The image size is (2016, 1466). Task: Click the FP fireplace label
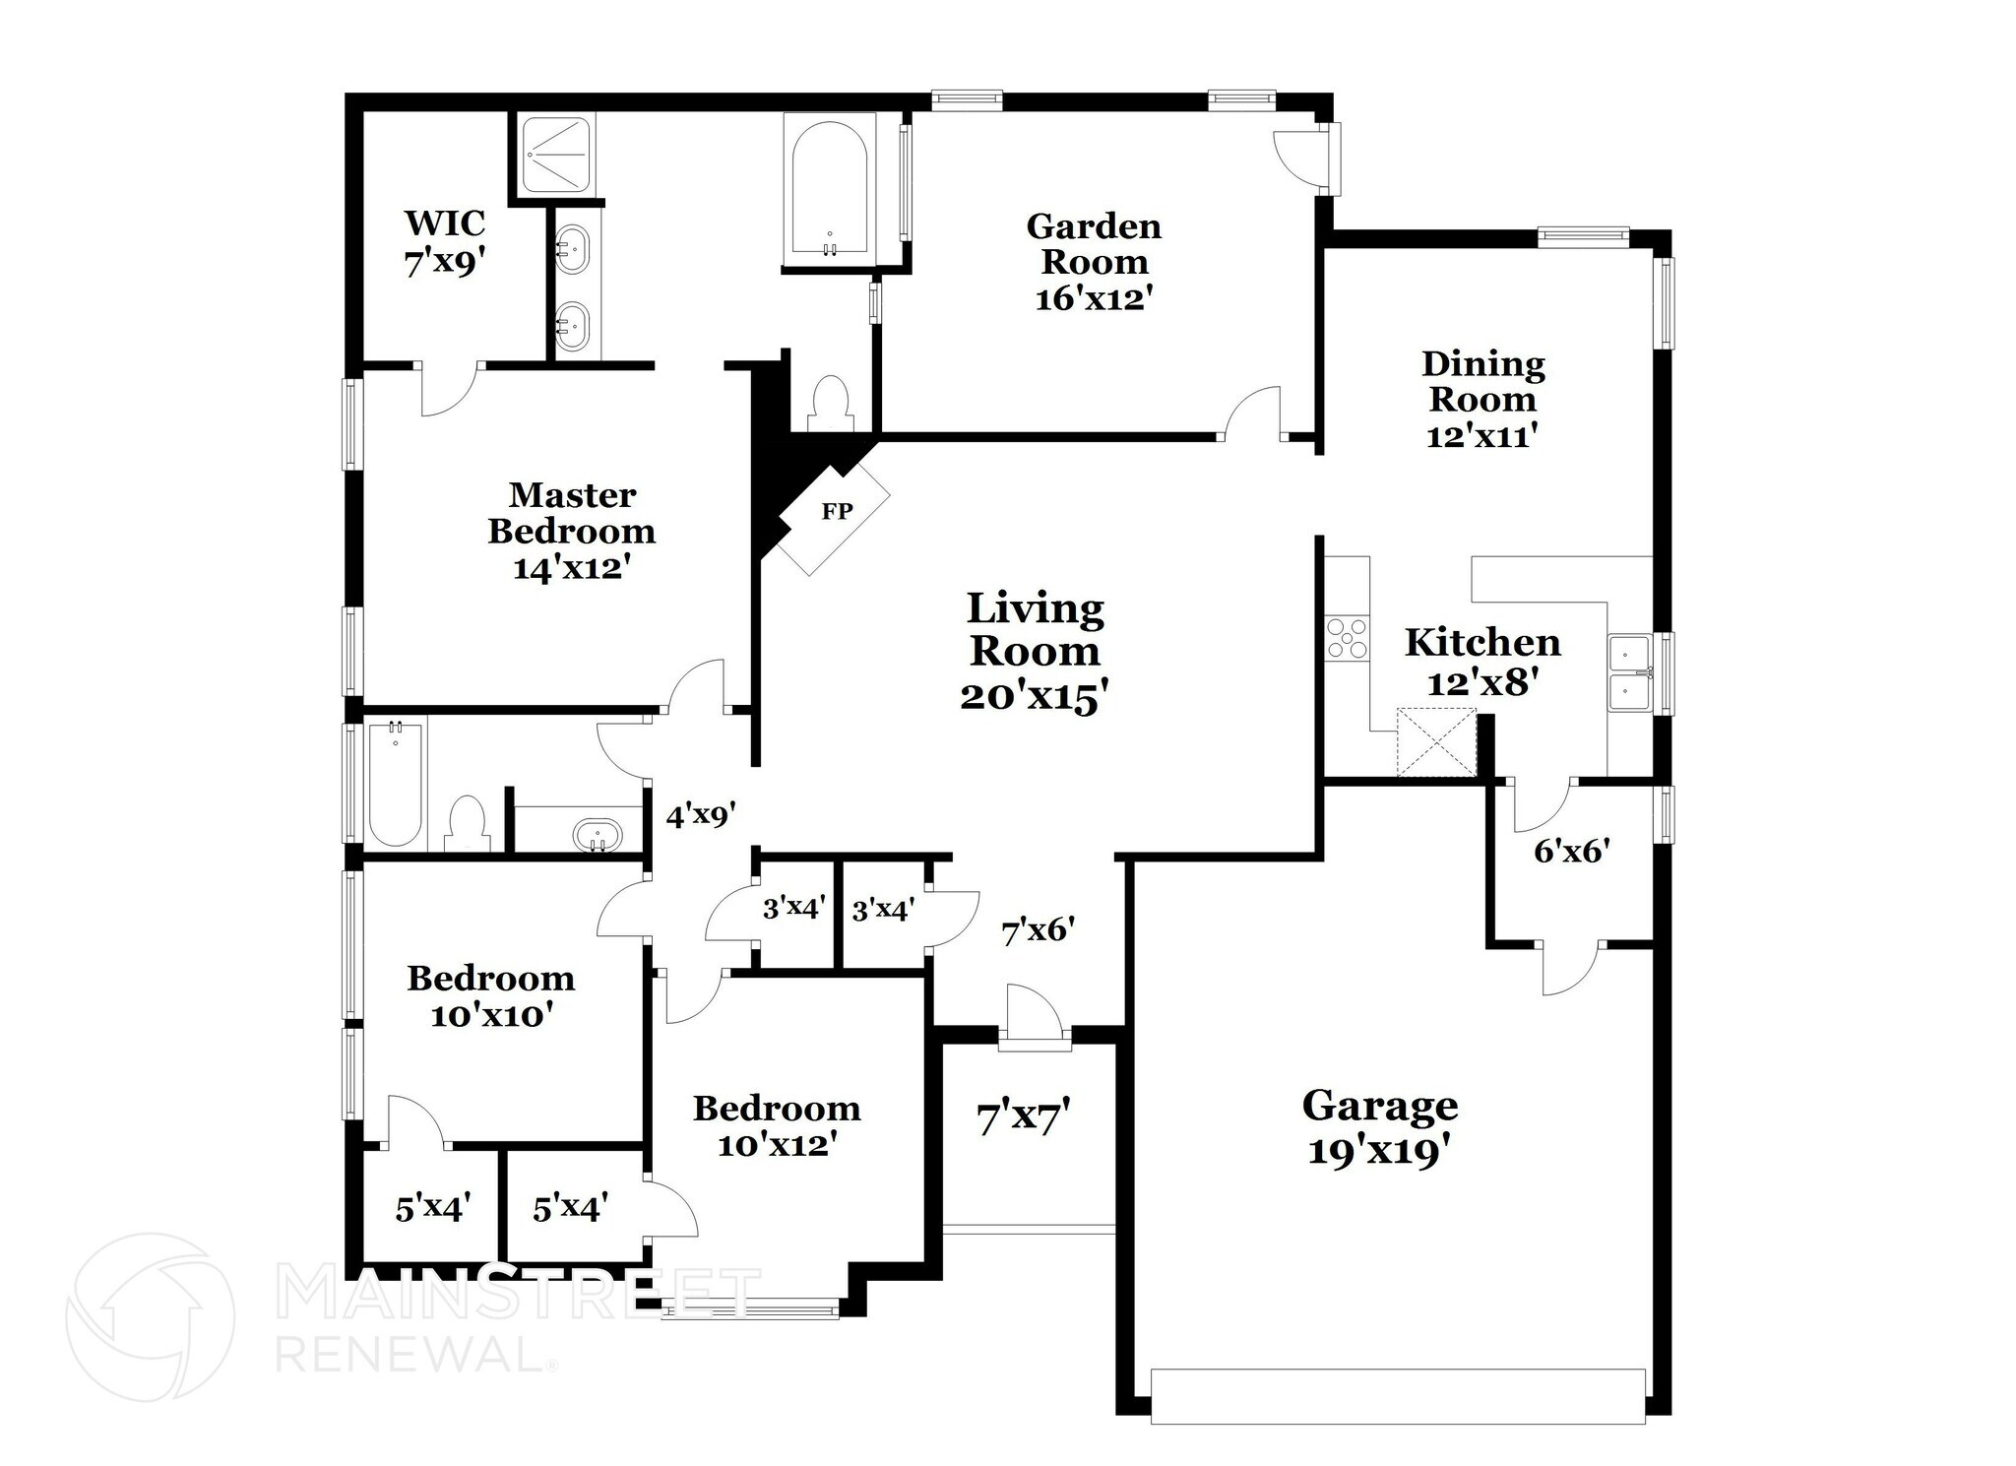coord(837,512)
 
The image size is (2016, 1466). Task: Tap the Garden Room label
coord(1094,244)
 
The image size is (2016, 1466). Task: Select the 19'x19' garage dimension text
coord(1380,1149)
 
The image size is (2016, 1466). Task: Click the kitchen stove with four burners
coord(1347,637)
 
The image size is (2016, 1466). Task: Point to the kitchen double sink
coord(1630,673)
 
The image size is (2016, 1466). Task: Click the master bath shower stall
coord(556,154)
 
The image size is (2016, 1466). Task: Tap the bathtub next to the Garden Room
coord(830,190)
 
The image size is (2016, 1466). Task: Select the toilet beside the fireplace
coord(830,403)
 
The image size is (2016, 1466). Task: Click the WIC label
coord(444,223)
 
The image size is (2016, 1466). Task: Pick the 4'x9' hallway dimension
coord(701,815)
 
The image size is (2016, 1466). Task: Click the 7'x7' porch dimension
coord(1023,1117)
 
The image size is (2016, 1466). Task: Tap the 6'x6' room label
coord(1571,851)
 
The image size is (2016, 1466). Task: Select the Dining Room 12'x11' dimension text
coord(1482,434)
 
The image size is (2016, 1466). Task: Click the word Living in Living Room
coord(1035,608)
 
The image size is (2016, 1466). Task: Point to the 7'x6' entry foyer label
coord(1038,929)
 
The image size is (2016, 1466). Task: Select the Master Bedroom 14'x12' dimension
coord(571,568)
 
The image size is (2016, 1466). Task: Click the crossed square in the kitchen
coord(1437,742)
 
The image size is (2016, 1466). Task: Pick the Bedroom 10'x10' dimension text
coord(489,1014)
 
